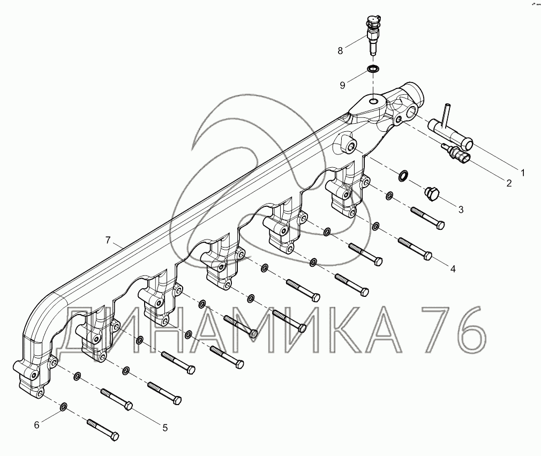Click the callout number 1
point(522,173)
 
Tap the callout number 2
point(509,183)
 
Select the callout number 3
point(461,210)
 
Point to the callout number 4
point(453,268)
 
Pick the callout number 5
point(165,428)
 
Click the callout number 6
point(37,425)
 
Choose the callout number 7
point(108,240)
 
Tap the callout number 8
point(340,51)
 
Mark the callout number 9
point(343,85)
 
